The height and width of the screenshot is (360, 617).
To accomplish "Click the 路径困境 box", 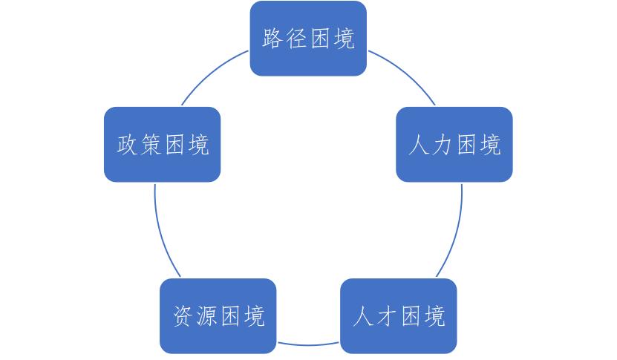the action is tap(308, 38).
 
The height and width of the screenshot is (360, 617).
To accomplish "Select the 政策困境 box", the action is tap(162, 145).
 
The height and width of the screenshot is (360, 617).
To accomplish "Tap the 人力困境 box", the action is tap(454, 145).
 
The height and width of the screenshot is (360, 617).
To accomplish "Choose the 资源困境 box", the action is tap(218, 316).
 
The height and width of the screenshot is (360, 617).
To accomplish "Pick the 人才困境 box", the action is tap(399, 316).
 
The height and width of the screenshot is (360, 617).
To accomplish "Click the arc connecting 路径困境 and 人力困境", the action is tap(405, 73).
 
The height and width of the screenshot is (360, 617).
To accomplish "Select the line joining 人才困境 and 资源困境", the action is tap(308, 344).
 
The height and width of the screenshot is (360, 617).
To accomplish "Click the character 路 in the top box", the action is tap(272, 39).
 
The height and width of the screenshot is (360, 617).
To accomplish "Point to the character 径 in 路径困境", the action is tap(296, 39).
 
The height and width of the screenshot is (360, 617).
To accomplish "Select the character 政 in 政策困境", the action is tap(127, 145).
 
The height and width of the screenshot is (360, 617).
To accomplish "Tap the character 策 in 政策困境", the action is tap(150, 145).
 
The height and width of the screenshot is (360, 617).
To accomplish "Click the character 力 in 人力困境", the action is tap(443, 145).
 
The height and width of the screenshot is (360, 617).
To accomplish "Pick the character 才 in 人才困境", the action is tap(387, 316).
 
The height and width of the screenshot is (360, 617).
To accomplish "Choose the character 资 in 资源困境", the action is tap(183, 316).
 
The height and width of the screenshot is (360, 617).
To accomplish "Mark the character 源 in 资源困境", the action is tap(206, 316).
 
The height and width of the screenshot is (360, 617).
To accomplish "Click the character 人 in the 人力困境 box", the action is tap(419, 145).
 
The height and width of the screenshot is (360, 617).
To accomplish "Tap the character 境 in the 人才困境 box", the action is tap(434, 316).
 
